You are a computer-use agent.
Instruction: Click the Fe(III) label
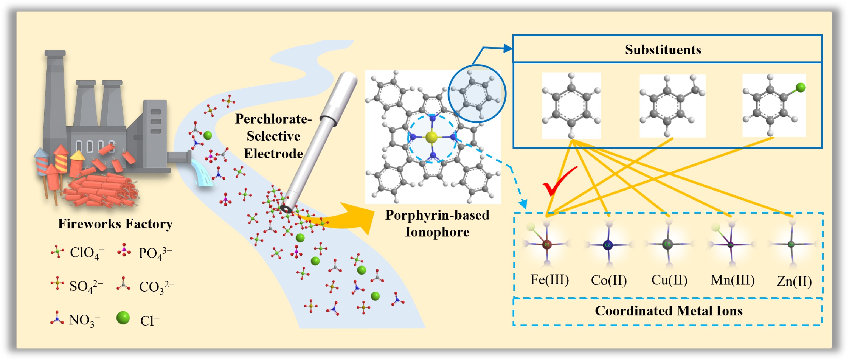(549, 280)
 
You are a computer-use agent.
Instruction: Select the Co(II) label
(609, 280)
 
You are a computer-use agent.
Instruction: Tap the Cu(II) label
(669, 280)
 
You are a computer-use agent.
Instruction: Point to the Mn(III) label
(733, 280)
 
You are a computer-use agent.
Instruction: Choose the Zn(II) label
(794, 281)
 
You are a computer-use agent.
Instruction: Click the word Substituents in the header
(663, 50)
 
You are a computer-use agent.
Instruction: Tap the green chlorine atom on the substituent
(801, 87)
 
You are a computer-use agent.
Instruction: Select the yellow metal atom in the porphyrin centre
(431, 137)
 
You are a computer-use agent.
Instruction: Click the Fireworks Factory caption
(115, 224)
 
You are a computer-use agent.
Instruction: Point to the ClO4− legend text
(86, 253)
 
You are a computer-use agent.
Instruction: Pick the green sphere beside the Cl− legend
(123, 318)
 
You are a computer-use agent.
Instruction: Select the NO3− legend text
(84, 320)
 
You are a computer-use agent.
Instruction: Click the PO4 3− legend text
(155, 253)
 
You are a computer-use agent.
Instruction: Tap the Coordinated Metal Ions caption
(669, 311)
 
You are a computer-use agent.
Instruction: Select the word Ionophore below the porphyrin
(437, 232)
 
